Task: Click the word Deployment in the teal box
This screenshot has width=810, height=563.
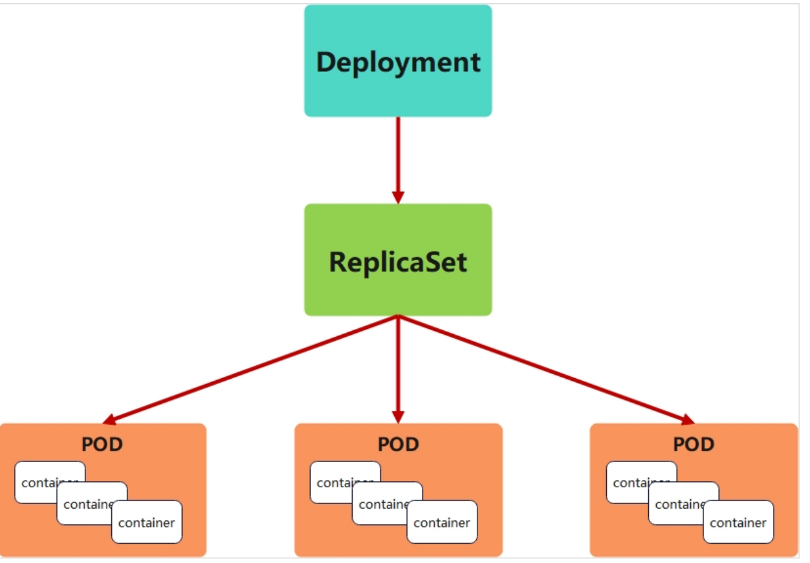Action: pos(398,63)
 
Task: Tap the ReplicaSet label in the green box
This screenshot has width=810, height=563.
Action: pos(398,262)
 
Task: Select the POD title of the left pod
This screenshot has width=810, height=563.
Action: pos(102,444)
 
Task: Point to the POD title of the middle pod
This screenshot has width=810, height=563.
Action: pos(399,444)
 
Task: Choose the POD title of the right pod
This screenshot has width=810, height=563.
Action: pos(694,444)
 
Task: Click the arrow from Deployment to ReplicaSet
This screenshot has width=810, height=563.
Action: pos(398,160)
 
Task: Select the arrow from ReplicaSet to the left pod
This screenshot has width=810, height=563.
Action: pos(250,369)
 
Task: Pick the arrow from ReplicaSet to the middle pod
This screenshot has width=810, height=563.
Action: pos(398,369)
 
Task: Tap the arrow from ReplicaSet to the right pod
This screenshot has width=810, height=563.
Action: pos(546,369)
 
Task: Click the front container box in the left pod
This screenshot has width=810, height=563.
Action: pos(147,522)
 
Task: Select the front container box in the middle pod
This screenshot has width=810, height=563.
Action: pos(442,522)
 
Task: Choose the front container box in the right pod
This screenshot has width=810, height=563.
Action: pos(738,522)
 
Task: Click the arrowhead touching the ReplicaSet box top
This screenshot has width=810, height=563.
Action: pos(398,198)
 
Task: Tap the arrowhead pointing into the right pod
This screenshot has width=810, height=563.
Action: pos(687,420)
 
